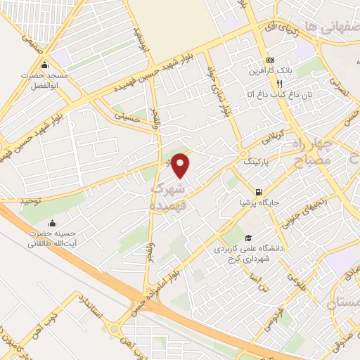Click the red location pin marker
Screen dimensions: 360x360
point(181,165)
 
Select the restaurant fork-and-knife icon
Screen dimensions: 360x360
point(260,82)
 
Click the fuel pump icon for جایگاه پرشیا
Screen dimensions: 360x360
point(259,192)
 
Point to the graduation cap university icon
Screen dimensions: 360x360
point(247,238)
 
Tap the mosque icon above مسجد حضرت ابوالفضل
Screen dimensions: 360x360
point(44,65)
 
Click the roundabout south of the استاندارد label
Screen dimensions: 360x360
point(113,329)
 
